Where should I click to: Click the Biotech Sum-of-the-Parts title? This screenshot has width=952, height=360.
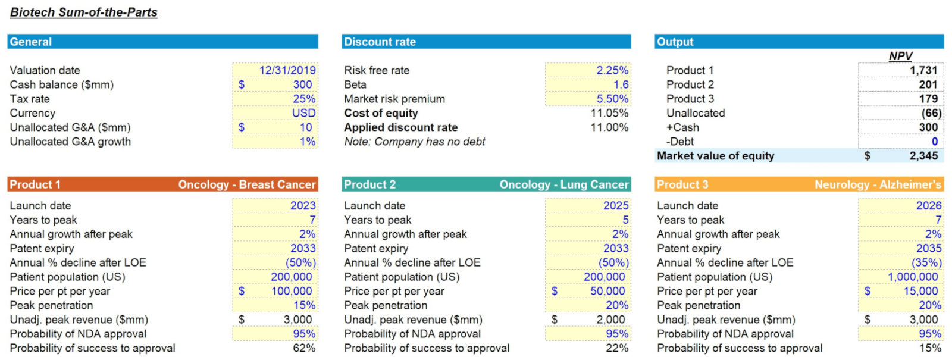coord(84,12)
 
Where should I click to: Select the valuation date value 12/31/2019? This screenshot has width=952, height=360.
coord(287,70)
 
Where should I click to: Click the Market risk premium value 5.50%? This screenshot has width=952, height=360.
coord(612,99)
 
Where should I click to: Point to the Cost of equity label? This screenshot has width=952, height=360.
coord(381,113)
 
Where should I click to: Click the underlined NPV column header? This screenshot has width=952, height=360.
coord(900,56)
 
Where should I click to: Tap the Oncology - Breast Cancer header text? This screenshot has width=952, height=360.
coord(246,184)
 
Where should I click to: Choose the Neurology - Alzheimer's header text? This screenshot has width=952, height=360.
coord(878,184)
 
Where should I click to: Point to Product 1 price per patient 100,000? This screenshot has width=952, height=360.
coord(291,291)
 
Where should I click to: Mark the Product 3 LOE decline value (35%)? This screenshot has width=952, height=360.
coord(926,262)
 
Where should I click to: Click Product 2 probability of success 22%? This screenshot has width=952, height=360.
coord(617,348)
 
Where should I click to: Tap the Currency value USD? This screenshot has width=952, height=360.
coord(303,113)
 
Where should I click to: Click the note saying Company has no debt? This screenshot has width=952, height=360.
coord(414,142)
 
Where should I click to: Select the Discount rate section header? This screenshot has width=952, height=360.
coord(380,42)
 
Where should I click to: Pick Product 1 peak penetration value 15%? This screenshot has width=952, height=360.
coord(304,305)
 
